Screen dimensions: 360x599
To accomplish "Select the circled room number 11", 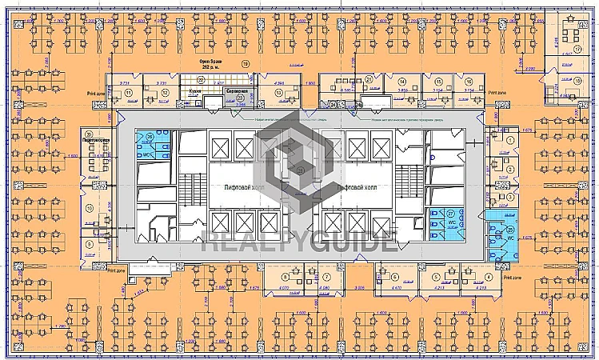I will [128, 92].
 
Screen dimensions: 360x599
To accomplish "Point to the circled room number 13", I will [279, 92].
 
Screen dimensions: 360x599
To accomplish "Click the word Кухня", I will [194, 90].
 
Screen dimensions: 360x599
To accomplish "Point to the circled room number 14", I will [402, 82].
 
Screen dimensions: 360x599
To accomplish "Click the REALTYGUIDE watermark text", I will [298, 240].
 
